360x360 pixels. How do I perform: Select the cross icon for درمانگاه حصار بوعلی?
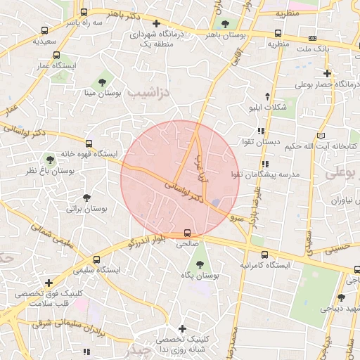click(x=327, y=73)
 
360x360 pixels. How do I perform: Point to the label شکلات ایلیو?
click(x=268, y=107)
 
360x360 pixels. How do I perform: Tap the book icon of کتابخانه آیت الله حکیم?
click(x=321, y=135)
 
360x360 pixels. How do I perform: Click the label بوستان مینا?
click(x=103, y=92)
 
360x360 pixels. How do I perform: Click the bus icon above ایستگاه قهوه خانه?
click(x=88, y=142)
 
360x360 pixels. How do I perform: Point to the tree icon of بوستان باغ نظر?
click(x=50, y=159)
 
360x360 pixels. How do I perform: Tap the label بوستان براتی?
click(x=86, y=209)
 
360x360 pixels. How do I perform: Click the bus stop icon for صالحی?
click(x=187, y=233)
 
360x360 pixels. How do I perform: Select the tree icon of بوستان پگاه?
click(x=200, y=264)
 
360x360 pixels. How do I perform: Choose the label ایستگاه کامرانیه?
click(x=264, y=266)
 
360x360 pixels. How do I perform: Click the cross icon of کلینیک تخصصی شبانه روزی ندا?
click(x=182, y=328)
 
